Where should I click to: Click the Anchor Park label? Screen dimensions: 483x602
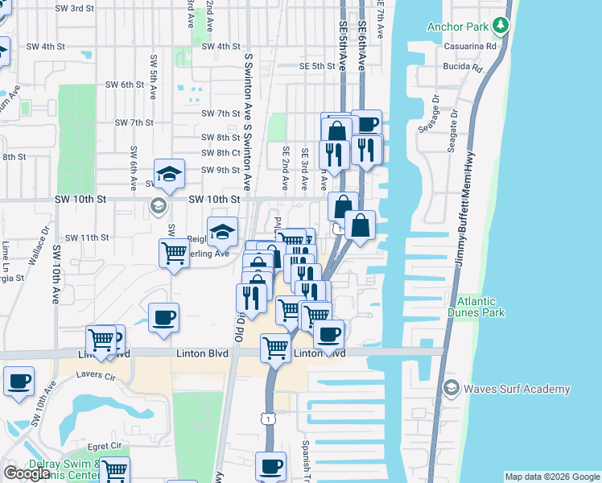point(458,27)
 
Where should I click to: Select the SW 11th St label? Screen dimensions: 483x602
point(87,237)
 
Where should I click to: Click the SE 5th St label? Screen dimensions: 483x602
point(316,66)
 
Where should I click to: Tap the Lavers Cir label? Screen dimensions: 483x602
point(97,375)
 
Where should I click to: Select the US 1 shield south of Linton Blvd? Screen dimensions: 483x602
point(269,419)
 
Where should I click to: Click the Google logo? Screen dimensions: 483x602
point(27,473)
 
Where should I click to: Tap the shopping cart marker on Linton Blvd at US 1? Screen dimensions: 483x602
point(275,348)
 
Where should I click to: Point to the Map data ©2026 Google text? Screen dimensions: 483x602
point(552,477)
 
